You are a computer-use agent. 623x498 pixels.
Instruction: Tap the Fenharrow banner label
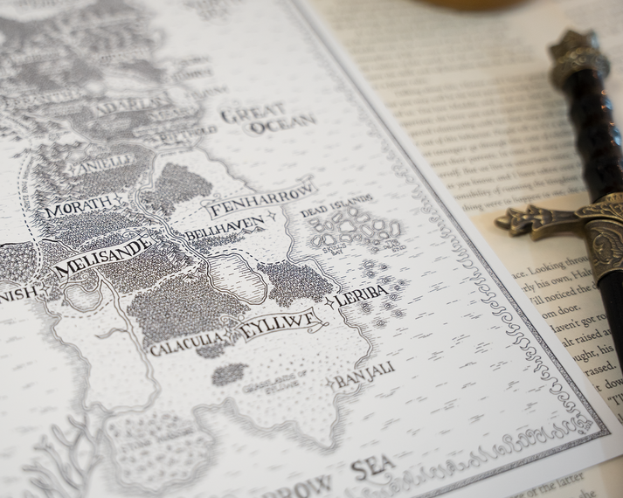(x=260, y=198)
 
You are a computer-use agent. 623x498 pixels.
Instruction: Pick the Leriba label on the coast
(x=362, y=294)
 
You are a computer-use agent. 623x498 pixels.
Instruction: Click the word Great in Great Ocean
(x=253, y=113)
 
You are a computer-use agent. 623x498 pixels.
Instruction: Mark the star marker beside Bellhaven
(x=271, y=216)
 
